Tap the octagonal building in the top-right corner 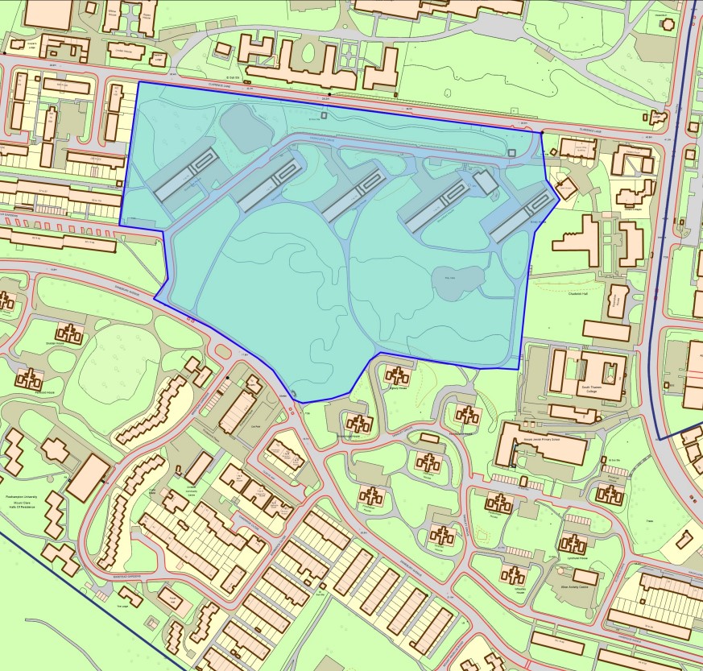[667, 23]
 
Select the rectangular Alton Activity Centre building [585, 577]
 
